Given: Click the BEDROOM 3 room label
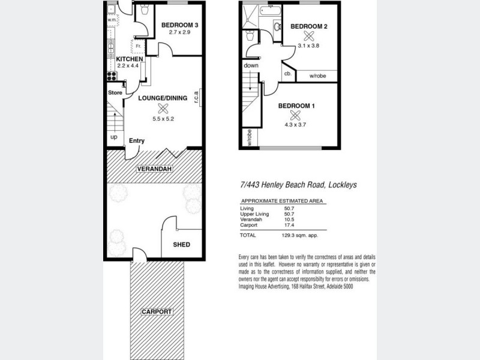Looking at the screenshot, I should coord(180,25).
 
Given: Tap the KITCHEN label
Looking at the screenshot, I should coord(129,59).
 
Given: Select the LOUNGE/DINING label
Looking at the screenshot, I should coord(162,97).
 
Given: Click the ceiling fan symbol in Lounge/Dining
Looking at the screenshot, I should coord(162,108).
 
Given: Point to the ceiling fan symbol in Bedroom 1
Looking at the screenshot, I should coord(294,116).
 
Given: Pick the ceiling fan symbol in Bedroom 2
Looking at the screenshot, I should coord(309,35).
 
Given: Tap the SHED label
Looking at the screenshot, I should coord(182,245).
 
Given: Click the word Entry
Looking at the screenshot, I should coord(137,141).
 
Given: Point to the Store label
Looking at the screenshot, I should coord(115,93).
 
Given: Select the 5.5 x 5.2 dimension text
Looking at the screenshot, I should coord(162,119).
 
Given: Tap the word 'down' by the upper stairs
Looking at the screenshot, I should coord(251,65).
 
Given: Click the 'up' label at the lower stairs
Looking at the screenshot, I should coord(113,137).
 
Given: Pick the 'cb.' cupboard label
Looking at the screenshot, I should coord(287,74).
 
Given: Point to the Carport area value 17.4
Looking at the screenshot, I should coord(289,224).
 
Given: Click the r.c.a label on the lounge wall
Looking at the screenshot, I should coord(196,97).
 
